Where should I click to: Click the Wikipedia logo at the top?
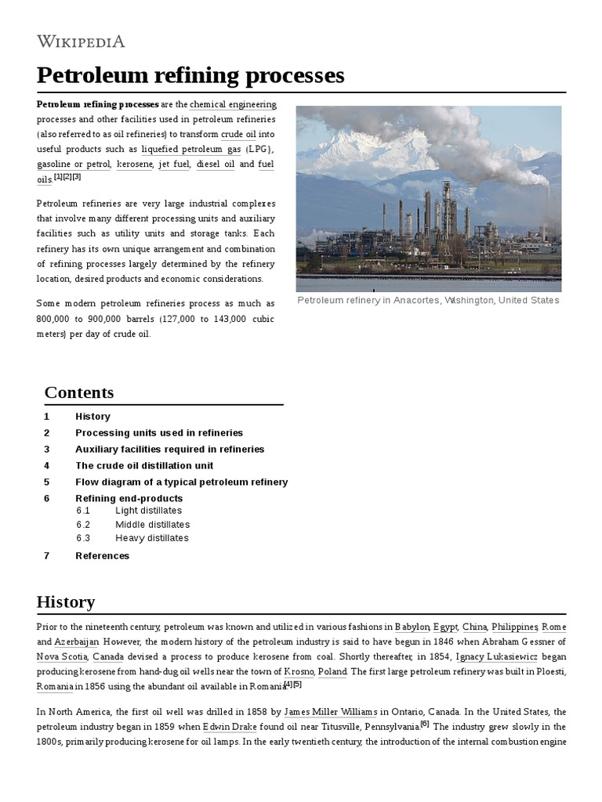tap(81, 42)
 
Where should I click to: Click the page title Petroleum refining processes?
tap(190, 75)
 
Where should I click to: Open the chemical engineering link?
tap(233, 104)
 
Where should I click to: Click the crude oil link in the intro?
tap(238, 134)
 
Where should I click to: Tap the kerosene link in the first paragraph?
tap(135, 164)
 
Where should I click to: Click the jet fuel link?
tap(174, 164)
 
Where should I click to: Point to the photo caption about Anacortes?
tap(428, 301)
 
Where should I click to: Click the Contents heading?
tap(79, 392)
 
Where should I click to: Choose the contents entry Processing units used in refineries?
tap(159, 433)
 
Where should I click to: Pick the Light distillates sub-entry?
tap(148, 511)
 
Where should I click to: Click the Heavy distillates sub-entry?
tap(151, 539)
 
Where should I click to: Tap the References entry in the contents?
tap(102, 556)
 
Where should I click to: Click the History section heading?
tap(66, 602)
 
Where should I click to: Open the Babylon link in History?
tap(412, 627)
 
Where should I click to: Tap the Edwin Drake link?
tap(230, 726)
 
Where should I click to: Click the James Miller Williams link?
tap(330, 711)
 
